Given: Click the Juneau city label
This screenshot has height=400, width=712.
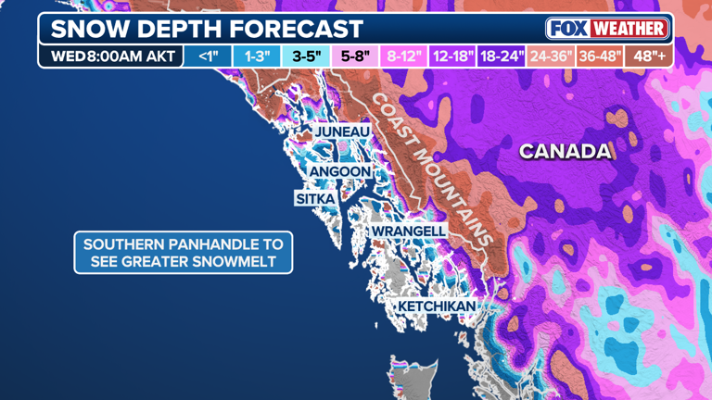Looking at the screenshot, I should click(342, 132).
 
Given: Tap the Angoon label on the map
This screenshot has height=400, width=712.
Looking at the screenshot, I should click(340, 172).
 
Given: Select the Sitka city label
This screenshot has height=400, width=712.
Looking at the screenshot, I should click(315, 199).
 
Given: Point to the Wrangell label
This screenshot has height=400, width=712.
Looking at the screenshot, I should click(409, 231).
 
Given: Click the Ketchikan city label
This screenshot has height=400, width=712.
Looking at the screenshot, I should click(437, 306).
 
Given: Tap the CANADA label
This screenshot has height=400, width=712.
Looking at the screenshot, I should click(566, 152).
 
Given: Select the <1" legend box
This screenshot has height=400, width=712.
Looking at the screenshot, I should click(208, 56).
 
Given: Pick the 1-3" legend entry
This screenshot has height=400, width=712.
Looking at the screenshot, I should click(257, 56).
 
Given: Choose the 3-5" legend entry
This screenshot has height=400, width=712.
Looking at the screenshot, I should click(306, 56).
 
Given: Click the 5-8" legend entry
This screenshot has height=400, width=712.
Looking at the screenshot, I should click(355, 56).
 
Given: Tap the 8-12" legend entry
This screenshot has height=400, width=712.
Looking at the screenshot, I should click(404, 56).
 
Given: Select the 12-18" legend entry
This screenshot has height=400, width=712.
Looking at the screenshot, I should click(452, 56).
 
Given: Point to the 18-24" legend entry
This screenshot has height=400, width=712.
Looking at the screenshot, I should click(502, 56).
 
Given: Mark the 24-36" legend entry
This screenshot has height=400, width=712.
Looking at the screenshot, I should click(551, 56).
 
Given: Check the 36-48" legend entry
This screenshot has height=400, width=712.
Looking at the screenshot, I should click(599, 56).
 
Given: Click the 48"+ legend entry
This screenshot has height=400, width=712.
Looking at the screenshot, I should click(649, 56).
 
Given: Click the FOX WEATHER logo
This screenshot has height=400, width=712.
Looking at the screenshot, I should click(607, 29).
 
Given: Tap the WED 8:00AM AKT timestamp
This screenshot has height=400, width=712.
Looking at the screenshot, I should click(111, 56).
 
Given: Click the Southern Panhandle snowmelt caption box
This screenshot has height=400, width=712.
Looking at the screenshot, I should click(184, 253).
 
